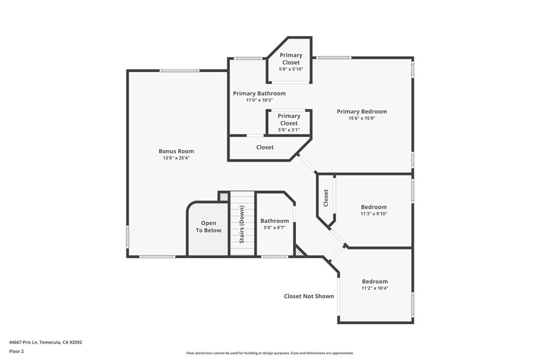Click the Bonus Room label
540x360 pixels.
(x=176, y=151)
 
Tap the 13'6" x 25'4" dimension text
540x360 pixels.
(x=176, y=158)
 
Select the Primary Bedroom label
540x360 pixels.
(x=362, y=111)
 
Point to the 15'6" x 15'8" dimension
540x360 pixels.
(x=362, y=119)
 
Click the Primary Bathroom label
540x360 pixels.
(x=259, y=93)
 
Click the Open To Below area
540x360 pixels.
(x=209, y=227)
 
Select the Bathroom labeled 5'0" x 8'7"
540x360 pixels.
(x=274, y=223)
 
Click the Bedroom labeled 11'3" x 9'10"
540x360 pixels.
(x=373, y=210)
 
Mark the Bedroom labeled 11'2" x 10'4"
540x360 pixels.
(x=374, y=284)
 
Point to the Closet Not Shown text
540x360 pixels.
(x=309, y=296)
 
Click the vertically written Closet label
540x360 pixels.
(x=326, y=198)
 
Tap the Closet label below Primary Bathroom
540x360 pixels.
(x=265, y=148)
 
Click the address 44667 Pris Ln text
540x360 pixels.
(x=45, y=342)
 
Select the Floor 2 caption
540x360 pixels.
(x=16, y=351)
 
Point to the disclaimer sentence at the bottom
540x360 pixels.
(x=269, y=353)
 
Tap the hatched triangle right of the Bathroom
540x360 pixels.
(x=300, y=252)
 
